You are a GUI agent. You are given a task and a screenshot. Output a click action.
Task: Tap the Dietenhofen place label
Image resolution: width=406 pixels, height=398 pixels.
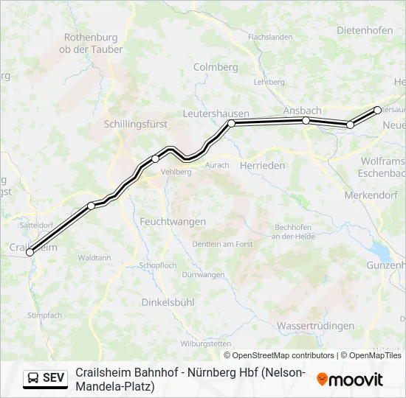point(365,30)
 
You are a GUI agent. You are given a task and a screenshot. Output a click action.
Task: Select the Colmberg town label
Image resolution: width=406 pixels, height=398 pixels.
point(216,66)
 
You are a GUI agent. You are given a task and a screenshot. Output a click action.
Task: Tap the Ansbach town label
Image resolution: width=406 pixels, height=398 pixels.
point(302,111)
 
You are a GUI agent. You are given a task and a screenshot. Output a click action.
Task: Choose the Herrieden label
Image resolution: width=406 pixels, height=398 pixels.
point(262,166)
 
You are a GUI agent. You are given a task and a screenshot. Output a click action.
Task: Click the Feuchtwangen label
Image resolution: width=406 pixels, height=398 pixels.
point(173,221)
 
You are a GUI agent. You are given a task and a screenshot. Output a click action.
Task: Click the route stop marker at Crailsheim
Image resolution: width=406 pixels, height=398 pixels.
point(30,252)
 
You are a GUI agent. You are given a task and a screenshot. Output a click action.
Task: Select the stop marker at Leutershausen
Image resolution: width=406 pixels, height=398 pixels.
point(231,123)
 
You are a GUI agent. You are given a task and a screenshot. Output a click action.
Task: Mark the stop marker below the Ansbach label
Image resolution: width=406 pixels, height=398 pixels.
point(306,120)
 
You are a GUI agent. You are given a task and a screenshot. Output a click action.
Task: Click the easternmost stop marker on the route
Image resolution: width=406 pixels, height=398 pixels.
point(378,110)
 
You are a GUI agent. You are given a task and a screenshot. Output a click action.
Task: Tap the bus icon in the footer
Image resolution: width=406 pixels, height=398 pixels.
point(34,378)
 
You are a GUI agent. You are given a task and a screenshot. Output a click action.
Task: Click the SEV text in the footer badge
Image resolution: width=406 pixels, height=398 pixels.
point(54,378)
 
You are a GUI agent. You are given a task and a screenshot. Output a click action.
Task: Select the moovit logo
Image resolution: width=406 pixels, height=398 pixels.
point(350,380)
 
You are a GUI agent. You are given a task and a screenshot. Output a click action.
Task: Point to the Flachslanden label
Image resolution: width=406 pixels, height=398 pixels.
point(270,37)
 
